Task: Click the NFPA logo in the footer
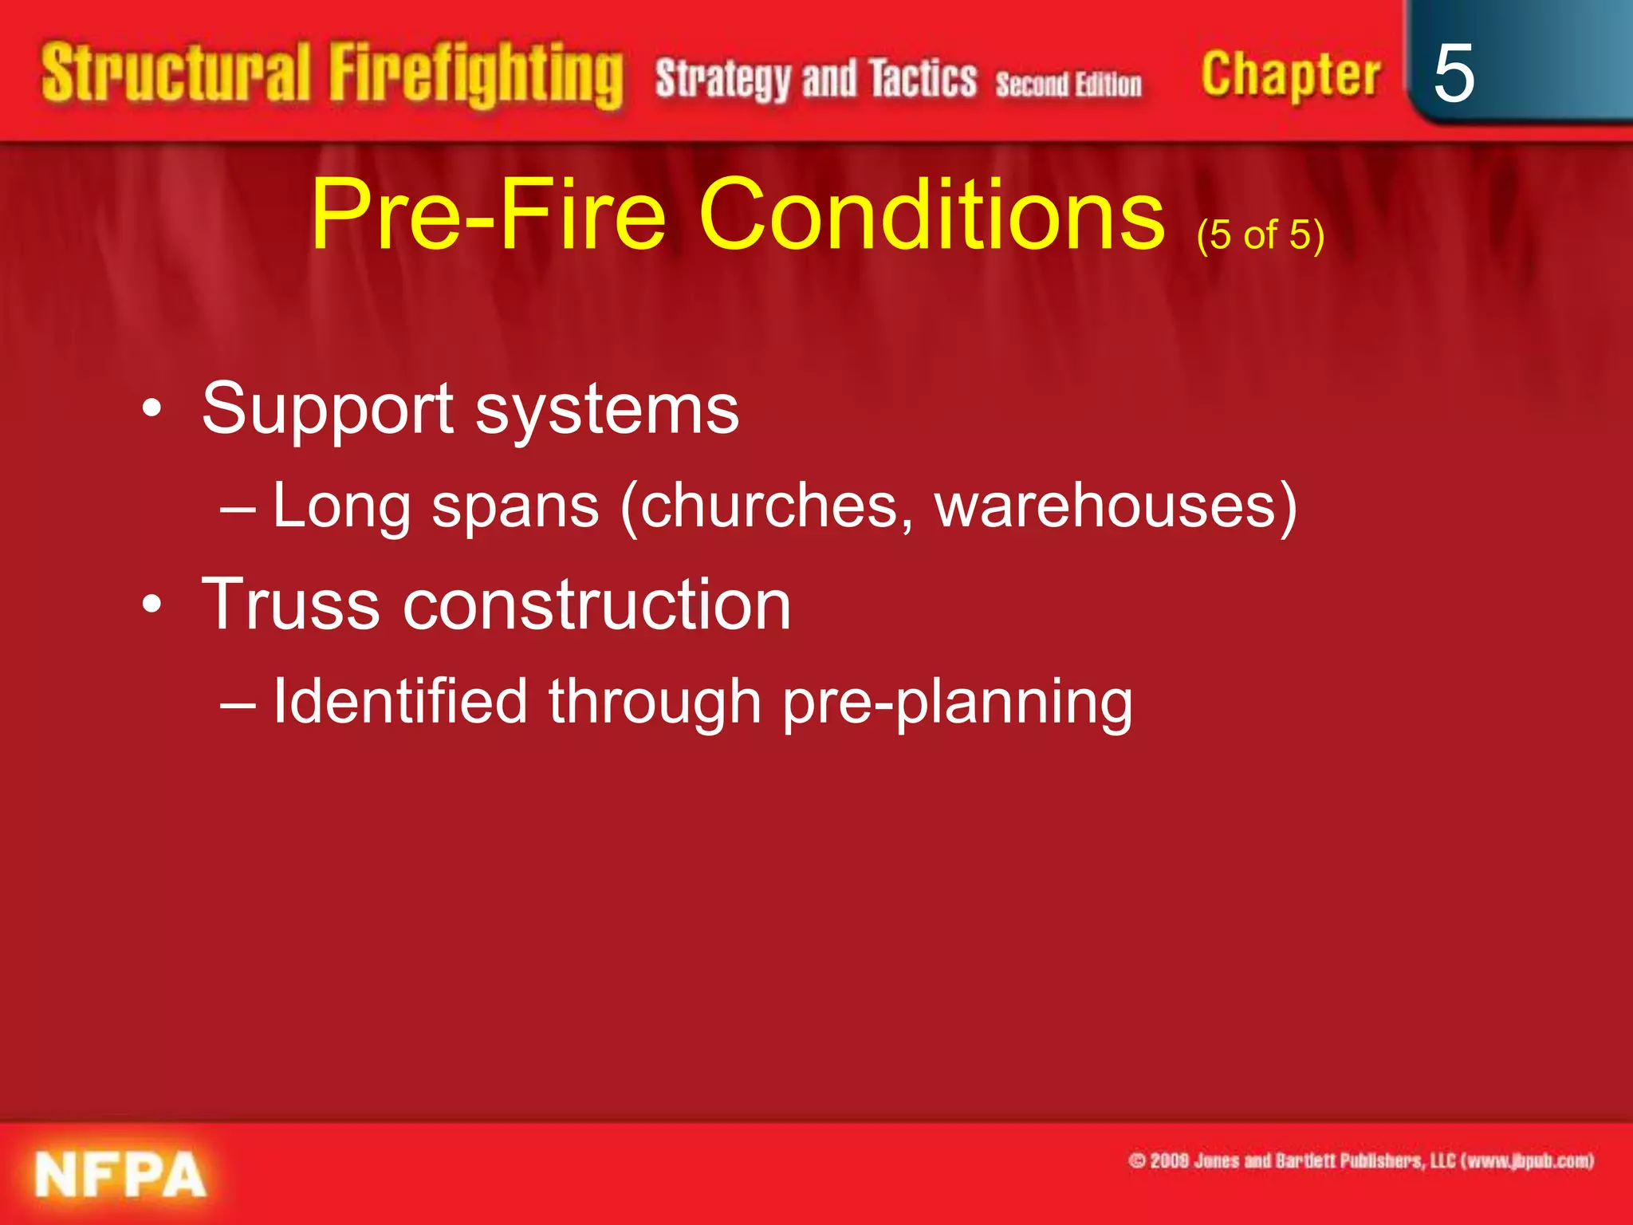coord(120,1175)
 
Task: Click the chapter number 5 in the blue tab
coord(1453,73)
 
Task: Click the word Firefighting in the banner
coord(476,76)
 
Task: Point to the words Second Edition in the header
coord(1068,84)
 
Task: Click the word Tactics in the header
coord(923,79)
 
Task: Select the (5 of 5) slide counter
coord(1260,235)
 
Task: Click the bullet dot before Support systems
coord(151,410)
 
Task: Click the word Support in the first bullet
coord(328,410)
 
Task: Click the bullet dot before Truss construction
coord(151,605)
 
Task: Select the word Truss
coord(290,605)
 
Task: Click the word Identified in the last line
coord(400,701)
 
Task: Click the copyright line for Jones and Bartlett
coord(1361,1160)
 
